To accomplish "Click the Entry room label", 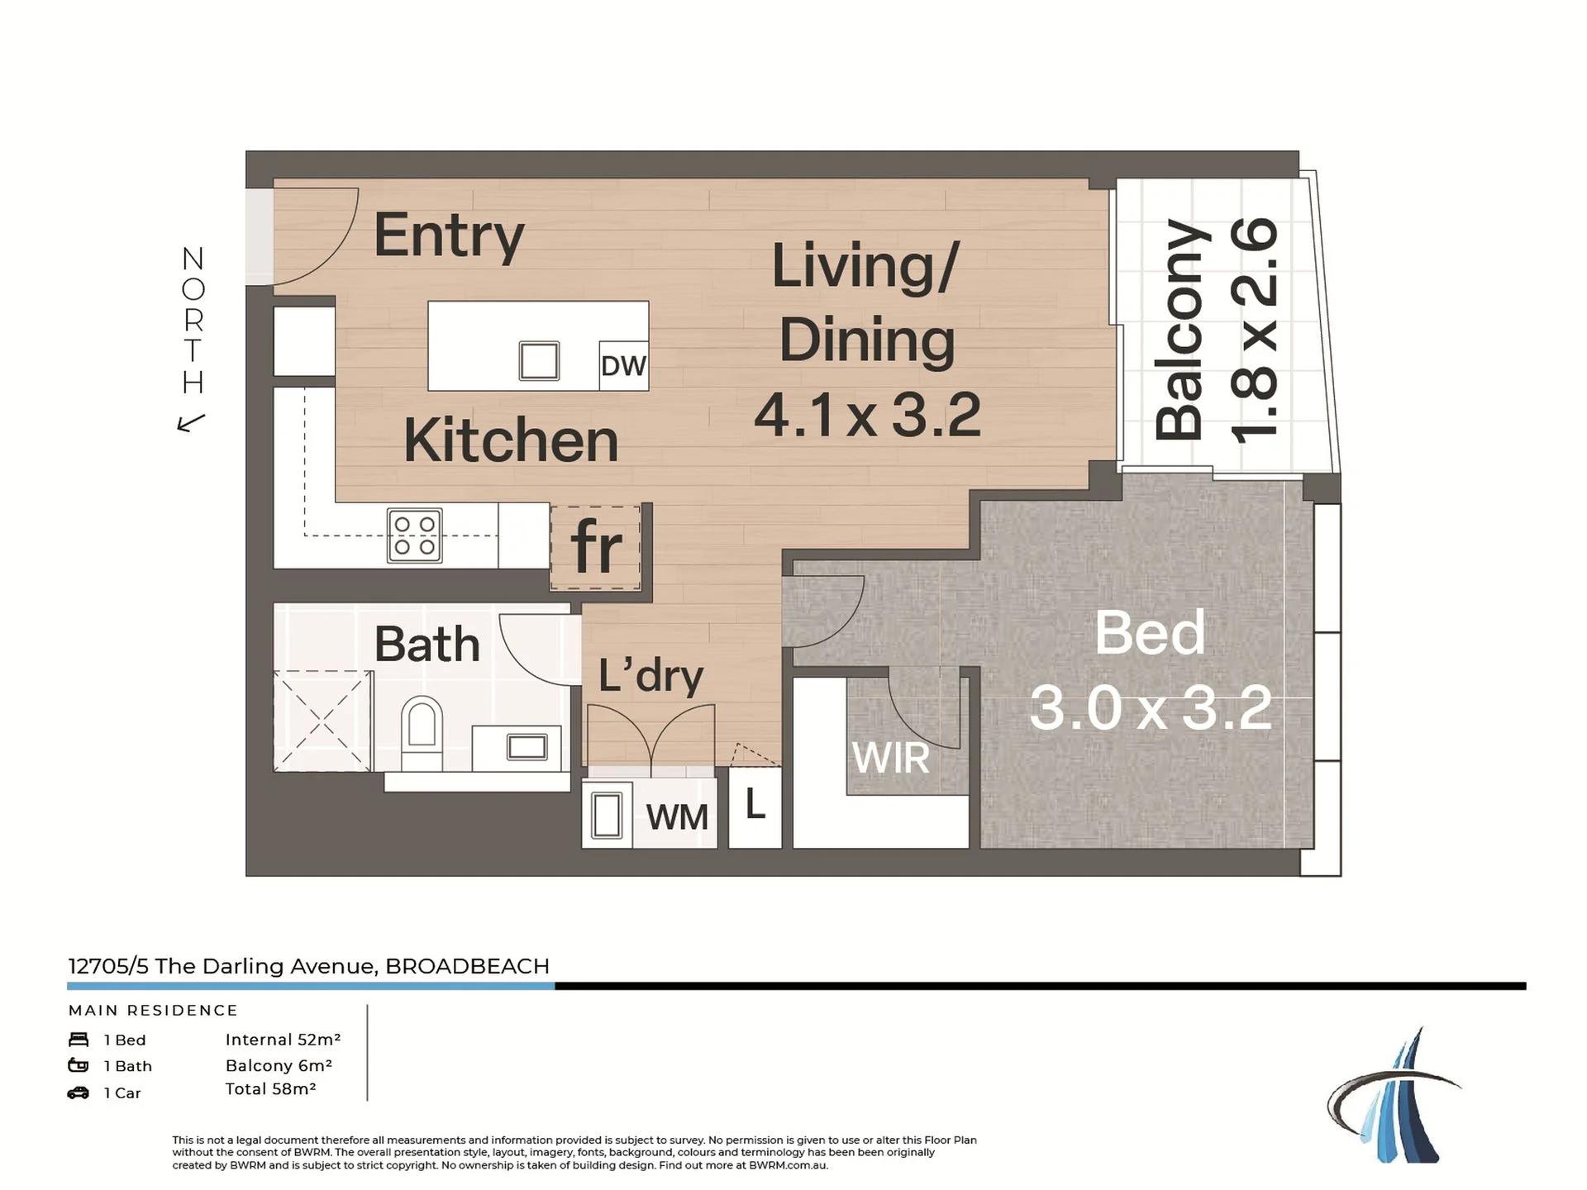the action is (x=449, y=236).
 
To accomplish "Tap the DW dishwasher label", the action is (x=623, y=366).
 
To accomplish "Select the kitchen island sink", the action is (x=539, y=361).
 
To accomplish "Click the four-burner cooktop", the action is (x=415, y=535).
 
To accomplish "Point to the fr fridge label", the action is (x=596, y=546).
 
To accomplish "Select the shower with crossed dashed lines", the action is (x=322, y=721).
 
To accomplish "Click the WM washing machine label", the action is (x=677, y=817).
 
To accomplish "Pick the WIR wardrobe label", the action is (x=890, y=758).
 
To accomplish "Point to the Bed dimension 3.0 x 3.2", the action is (x=1151, y=707).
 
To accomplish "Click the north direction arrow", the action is (x=191, y=423).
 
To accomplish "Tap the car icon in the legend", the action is (x=79, y=1092).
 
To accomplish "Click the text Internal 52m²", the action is (x=283, y=1040).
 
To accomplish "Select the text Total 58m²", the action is (x=270, y=1089).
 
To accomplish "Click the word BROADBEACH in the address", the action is (x=467, y=966).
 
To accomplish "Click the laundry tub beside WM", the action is (x=608, y=815).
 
